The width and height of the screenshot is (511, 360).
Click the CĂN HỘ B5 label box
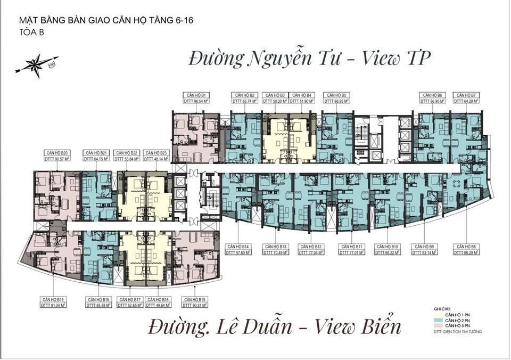[x=336, y=94]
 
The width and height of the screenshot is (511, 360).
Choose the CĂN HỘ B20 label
[x=57, y=153]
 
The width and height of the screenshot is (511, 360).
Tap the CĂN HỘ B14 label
[x=238, y=247]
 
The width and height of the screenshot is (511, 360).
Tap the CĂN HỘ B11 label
[x=352, y=247]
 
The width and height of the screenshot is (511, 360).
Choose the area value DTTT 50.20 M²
[x=275, y=100]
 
